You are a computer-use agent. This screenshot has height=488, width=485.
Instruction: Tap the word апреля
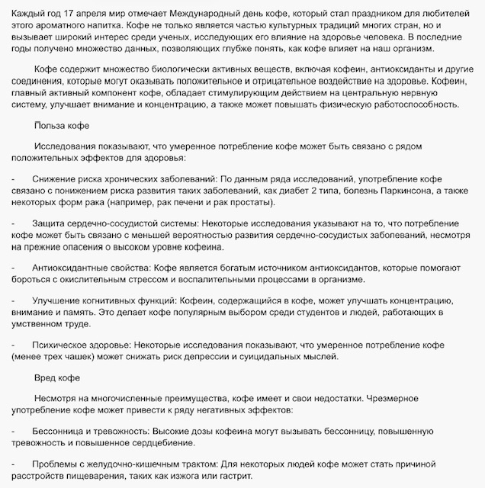tap(95, 8)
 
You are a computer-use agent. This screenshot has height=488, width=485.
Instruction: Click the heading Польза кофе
tap(63, 126)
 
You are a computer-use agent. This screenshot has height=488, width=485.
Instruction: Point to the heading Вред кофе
tap(59, 377)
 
